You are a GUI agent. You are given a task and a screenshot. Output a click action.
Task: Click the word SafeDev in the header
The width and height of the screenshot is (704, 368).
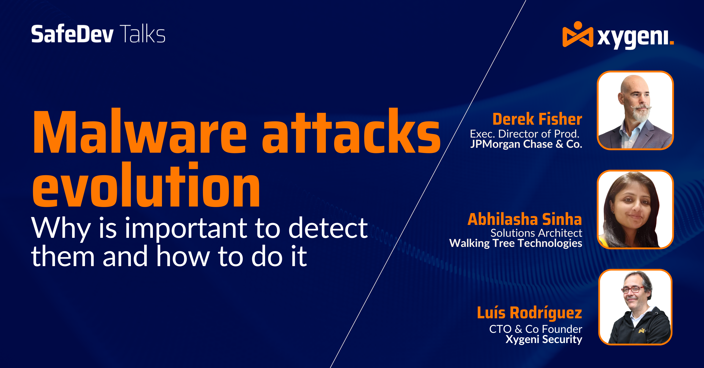[72, 34]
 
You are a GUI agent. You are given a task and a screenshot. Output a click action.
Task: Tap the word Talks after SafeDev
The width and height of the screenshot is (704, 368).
[142, 34]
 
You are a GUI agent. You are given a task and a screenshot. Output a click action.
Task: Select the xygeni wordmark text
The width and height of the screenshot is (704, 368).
[636, 38]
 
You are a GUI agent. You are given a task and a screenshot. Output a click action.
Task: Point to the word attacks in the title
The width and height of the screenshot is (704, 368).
[351, 131]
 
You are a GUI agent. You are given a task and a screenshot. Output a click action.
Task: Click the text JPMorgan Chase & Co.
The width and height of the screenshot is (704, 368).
[526, 144]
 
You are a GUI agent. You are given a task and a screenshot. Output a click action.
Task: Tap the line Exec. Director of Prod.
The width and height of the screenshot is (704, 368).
[525, 134]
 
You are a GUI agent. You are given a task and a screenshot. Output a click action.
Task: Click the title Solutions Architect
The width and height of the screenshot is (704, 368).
[536, 233]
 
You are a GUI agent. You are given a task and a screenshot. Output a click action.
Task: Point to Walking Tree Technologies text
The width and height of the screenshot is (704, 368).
[516, 243]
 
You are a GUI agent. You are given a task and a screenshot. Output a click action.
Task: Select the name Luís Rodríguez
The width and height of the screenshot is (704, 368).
[529, 313]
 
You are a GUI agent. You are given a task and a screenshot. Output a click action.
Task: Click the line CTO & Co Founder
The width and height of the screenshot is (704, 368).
[536, 329]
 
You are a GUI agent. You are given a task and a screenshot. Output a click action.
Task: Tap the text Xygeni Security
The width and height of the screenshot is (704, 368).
[544, 339]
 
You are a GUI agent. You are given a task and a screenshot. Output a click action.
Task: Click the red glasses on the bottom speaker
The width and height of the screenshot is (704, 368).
[633, 289]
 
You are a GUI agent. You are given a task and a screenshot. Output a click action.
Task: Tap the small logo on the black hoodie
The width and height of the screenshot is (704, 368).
[642, 331]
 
